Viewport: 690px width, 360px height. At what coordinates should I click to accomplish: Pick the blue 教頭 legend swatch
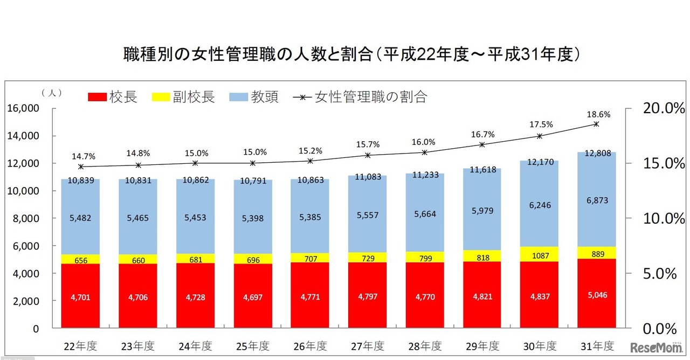coord(238,98)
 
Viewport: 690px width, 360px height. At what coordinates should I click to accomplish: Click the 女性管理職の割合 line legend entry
coord(360,98)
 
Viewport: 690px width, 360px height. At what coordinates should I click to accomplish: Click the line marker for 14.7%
coord(81,167)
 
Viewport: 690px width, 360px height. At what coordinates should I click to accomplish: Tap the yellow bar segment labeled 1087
coord(539,254)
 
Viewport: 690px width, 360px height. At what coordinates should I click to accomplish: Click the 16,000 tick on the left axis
coord(24,108)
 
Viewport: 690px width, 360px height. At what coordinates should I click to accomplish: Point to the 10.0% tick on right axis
coord(660,218)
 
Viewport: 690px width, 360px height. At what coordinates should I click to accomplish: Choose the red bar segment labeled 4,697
coord(252,297)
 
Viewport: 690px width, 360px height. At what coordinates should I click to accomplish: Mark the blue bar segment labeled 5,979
coord(482,210)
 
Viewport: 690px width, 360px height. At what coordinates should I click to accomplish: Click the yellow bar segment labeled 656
coord(81,259)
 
